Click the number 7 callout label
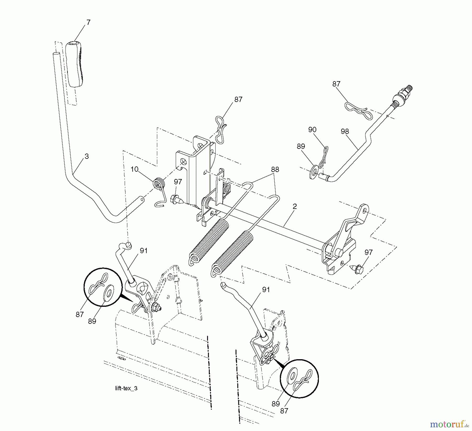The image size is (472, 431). pyautogui.click(x=88, y=23)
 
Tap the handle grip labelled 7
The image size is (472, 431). pyautogui.click(x=76, y=64)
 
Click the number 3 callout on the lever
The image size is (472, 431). pyautogui.click(x=87, y=156)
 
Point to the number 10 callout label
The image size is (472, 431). pyautogui.click(x=134, y=169)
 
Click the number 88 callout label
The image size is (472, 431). pyautogui.click(x=275, y=170)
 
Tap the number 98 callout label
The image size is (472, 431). pyautogui.click(x=345, y=132)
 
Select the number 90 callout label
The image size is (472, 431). pyautogui.click(x=312, y=130)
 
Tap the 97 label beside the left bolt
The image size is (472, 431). pyautogui.click(x=178, y=182)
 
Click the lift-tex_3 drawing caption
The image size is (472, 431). pyautogui.click(x=126, y=388)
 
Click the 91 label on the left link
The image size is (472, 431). pyautogui.click(x=143, y=251)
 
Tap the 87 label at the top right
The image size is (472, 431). pyautogui.click(x=336, y=84)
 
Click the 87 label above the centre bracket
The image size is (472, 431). pyautogui.click(x=238, y=99)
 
